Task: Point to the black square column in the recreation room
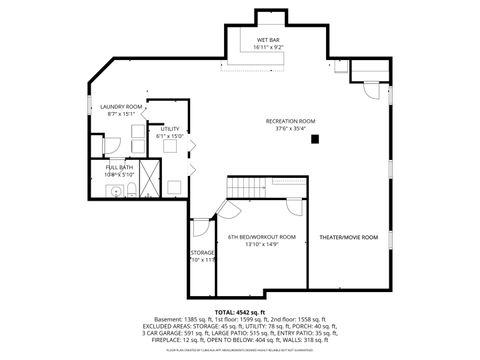314,138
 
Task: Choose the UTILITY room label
170,129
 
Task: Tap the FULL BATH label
116,167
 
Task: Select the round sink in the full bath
116,190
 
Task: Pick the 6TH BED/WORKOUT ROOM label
261,237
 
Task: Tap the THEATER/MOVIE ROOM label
347,237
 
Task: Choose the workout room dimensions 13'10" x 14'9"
261,245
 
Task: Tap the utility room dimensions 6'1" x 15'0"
170,137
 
